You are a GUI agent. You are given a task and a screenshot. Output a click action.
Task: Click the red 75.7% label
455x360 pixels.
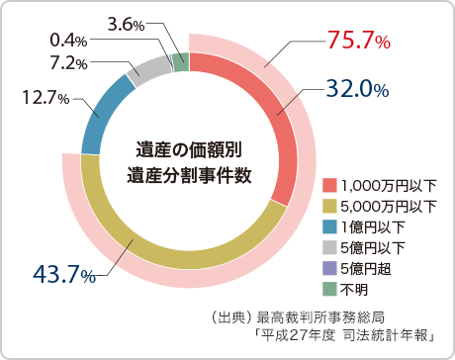[359, 41]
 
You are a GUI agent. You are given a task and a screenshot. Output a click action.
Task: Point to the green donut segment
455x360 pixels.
[181, 61]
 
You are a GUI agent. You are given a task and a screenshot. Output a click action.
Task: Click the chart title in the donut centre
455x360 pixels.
[188, 161]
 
